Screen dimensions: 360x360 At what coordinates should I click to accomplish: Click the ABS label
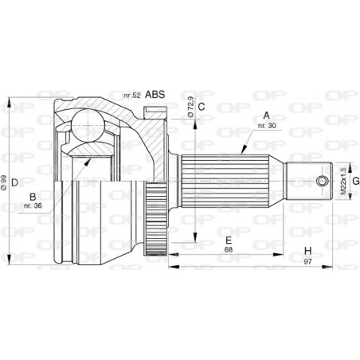155,95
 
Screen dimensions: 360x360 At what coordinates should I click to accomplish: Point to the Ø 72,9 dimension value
190,106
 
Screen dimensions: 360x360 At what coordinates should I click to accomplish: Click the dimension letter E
228,240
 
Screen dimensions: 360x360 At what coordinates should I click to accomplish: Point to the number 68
229,250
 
